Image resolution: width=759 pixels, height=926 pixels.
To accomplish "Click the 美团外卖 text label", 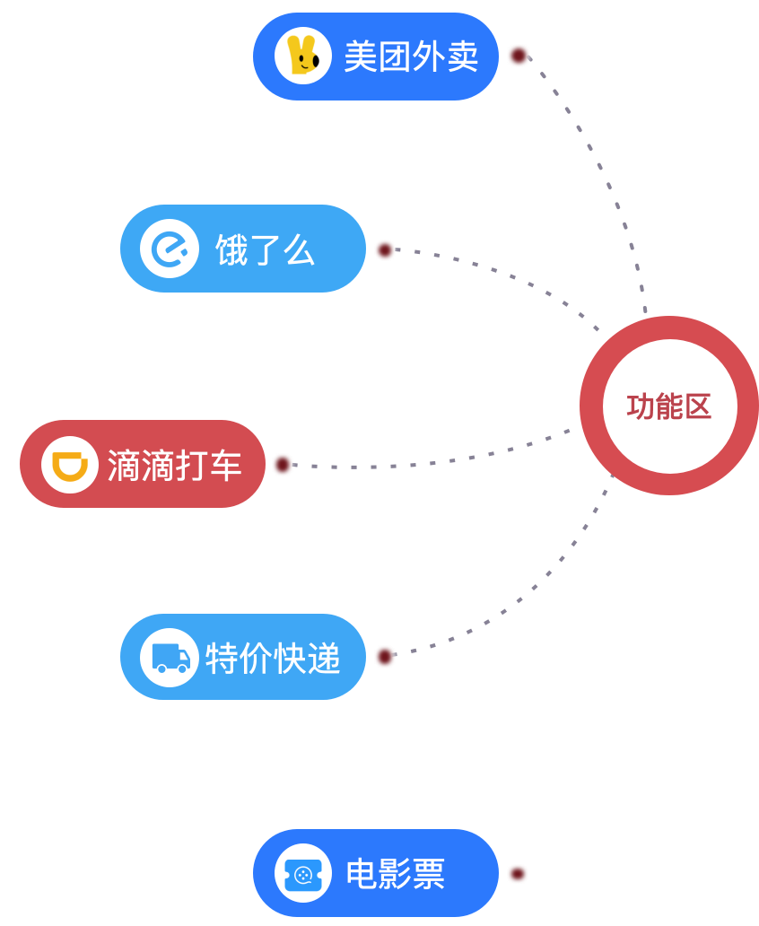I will [410, 57].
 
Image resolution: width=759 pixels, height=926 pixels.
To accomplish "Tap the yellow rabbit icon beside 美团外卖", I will [302, 56].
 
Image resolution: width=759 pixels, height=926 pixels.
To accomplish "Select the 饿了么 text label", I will [265, 250].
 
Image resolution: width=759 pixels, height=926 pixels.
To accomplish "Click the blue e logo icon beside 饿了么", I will [169, 249].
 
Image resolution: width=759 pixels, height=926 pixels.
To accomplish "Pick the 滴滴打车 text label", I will [174, 465].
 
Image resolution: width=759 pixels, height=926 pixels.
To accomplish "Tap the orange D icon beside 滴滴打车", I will [70, 465].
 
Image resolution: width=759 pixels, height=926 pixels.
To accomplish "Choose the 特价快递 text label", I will [273, 658].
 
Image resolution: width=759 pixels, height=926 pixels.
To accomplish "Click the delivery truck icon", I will [170, 658].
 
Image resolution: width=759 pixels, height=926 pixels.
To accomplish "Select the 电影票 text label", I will [396, 873].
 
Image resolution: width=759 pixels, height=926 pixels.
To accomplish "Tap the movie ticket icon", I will [302, 873].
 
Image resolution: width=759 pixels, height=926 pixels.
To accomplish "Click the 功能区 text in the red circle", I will [668, 406].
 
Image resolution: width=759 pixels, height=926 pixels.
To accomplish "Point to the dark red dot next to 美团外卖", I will [519, 56].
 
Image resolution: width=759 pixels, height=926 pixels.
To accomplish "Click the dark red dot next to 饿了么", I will [387, 250].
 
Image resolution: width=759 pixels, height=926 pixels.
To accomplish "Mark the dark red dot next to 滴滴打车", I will [285, 465].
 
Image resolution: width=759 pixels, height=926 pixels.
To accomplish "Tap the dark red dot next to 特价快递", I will [386, 657].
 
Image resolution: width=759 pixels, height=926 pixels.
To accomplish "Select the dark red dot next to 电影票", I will [518, 872].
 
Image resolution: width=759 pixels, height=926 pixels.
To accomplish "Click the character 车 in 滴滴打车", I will [225, 465].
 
